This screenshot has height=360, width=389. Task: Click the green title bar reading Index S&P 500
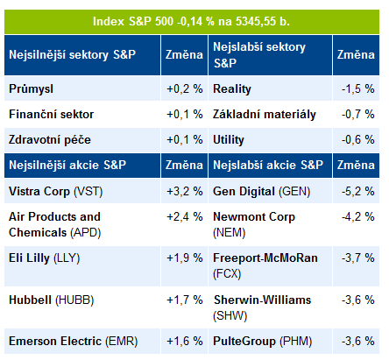pyautogui.click(x=192, y=22)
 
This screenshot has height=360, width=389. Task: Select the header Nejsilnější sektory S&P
pyautogui.click(x=73, y=54)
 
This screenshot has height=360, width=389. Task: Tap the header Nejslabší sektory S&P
pyautogui.click(x=259, y=54)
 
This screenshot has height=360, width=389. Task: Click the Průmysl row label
pyautogui.click(x=32, y=88)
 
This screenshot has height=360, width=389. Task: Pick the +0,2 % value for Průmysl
pyautogui.click(x=185, y=88)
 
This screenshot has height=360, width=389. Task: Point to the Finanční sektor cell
pyautogui.click(x=52, y=114)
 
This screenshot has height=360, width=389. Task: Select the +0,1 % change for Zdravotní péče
pyautogui.click(x=185, y=139)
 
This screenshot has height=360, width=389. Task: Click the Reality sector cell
pyautogui.click(x=232, y=89)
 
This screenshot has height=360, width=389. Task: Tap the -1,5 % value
pyautogui.click(x=358, y=88)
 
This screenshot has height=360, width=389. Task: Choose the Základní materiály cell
pyautogui.click(x=265, y=114)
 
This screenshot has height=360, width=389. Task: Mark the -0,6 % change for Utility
pyautogui.click(x=358, y=139)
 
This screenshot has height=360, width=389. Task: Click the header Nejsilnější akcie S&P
pyautogui.click(x=67, y=165)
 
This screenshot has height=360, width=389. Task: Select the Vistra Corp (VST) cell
pyautogui.click(x=56, y=192)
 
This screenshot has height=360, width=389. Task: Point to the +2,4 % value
pyautogui.click(x=185, y=216)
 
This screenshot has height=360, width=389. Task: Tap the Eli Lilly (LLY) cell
pyautogui.click(x=45, y=258)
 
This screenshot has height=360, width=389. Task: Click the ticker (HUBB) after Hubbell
pyautogui.click(x=74, y=300)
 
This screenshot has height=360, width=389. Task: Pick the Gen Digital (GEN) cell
pyautogui.click(x=262, y=192)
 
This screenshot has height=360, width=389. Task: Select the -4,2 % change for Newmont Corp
pyautogui.click(x=358, y=216)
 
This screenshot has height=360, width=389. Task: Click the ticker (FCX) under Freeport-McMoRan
pyautogui.click(x=227, y=274)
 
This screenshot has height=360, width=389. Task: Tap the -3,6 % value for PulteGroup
pyautogui.click(x=358, y=341)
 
